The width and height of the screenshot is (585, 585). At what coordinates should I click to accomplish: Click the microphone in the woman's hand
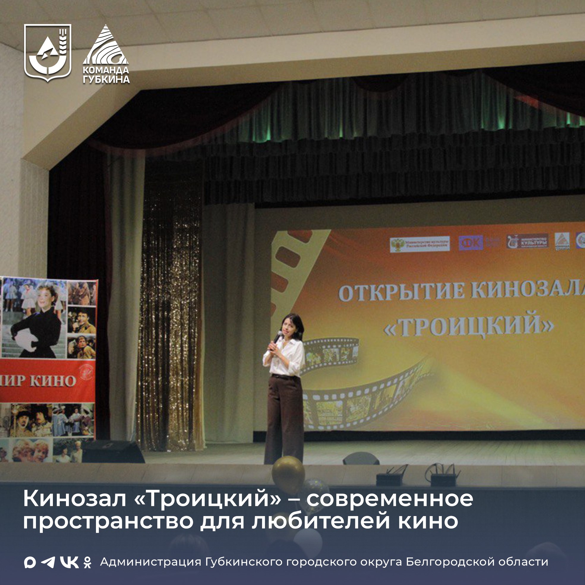click(x=277, y=336)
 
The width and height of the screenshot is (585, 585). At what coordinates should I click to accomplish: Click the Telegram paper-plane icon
click(x=48, y=562)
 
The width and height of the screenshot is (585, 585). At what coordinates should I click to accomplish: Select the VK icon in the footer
click(x=69, y=562)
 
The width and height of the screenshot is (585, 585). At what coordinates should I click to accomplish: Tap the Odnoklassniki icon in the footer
click(x=88, y=562)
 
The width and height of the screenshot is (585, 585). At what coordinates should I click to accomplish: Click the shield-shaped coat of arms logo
click(x=48, y=52)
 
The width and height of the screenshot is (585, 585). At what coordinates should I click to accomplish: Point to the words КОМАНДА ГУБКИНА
click(x=106, y=75)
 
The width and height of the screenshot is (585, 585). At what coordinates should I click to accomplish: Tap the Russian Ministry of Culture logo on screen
click(x=420, y=244)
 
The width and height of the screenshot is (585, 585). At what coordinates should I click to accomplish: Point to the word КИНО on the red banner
click(x=53, y=381)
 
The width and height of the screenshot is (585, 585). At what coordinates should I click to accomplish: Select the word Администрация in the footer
click(x=151, y=562)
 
